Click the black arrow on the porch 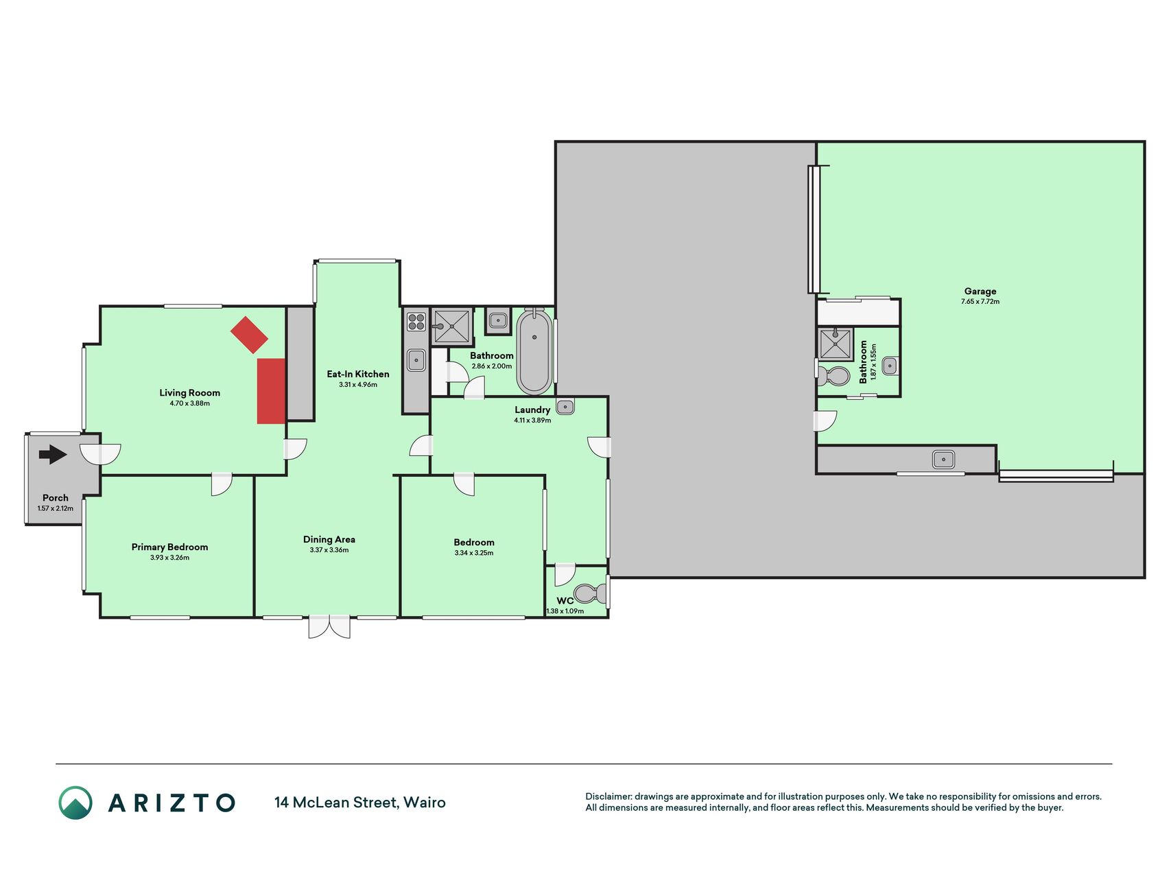(x=53, y=454)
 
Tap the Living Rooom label (x=190, y=393)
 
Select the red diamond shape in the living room (x=249, y=335)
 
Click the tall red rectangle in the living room (x=271, y=391)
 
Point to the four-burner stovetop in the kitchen (x=416, y=321)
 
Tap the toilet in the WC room (x=589, y=593)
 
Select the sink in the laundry (x=565, y=407)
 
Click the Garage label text (x=980, y=291)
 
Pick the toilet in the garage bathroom (x=832, y=375)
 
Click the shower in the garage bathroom (x=835, y=344)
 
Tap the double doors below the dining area (x=329, y=626)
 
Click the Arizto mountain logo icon (x=75, y=803)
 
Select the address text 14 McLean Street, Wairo (x=360, y=803)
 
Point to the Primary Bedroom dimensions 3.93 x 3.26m (x=169, y=558)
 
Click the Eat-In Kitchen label (x=358, y=374)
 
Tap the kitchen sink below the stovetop (x=416, y=360)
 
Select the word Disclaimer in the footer (x=608, y=796)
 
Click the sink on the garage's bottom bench (x=944, y=459)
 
